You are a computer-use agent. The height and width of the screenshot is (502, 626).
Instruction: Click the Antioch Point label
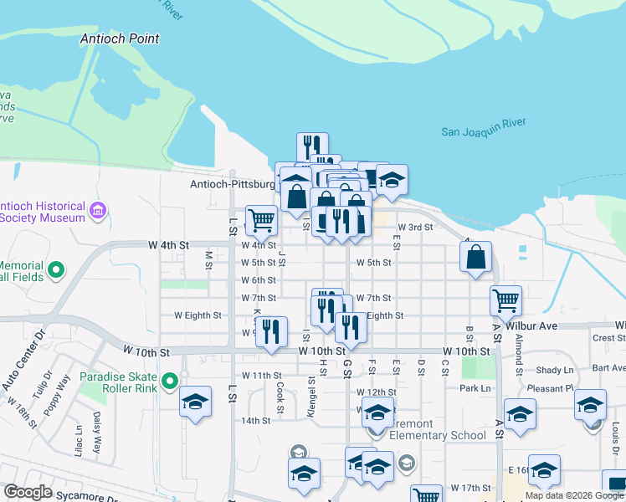(x=120, y=38)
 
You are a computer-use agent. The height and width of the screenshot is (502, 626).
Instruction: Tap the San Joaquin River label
(x=484, y=131)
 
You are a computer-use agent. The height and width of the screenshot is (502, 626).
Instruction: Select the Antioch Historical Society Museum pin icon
(x=99, y=210)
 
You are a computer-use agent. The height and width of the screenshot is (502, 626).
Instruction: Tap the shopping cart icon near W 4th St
(x=261, y=219)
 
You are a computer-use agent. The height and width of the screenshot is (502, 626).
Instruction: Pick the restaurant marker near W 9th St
(x=271, y=330)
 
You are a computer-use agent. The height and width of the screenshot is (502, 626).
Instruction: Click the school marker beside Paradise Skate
(x=195, y=402)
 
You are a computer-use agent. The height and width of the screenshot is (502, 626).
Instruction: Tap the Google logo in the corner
(x=28, y=492)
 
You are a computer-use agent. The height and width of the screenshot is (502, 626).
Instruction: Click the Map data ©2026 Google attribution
(x=574, y=495)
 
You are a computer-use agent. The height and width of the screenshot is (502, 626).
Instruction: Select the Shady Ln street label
(x=555, y=370)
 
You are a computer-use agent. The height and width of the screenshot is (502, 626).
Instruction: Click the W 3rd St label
(x=415, y=227)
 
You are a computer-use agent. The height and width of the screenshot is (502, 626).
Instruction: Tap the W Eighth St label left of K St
(x=198, y=315)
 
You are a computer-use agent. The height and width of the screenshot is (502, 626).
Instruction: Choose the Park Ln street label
(x=474, y=388)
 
